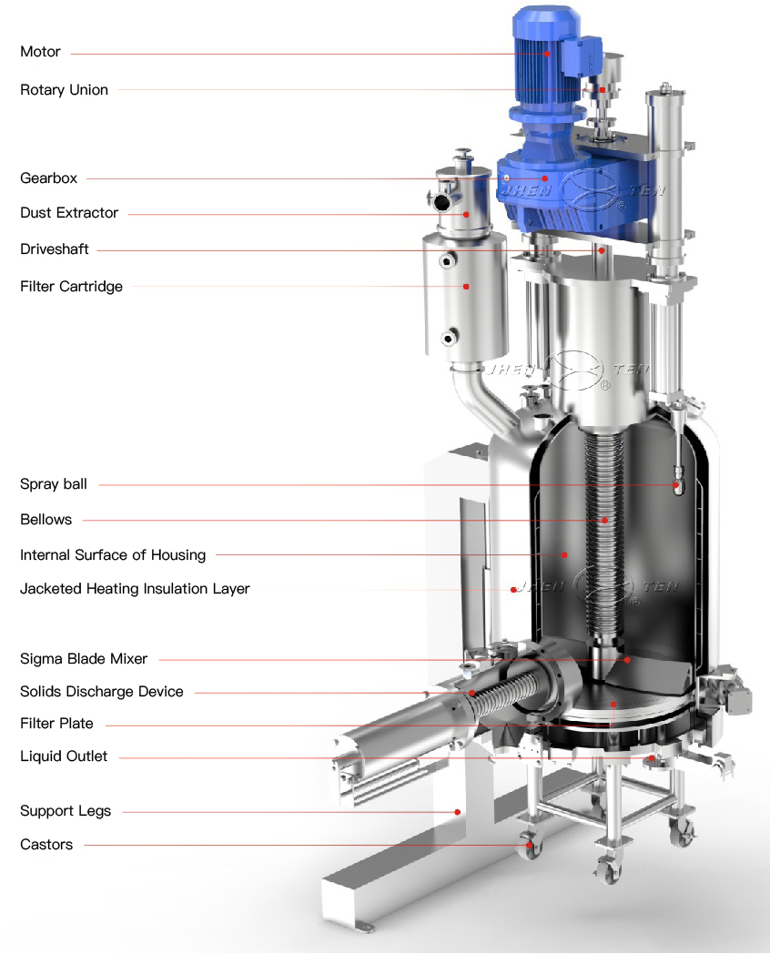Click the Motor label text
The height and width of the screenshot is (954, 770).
coord(40,52)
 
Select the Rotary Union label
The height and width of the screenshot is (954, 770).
coord(64,90)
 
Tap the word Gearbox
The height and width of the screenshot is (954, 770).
coord(48,178)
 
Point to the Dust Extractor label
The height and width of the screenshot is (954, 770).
coord(69,213)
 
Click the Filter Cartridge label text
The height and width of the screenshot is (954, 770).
coord(71,287)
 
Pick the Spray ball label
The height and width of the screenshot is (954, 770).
coord(54,484)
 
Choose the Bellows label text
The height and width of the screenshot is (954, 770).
coord(46,520)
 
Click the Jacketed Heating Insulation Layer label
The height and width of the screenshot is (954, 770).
coord(135,589)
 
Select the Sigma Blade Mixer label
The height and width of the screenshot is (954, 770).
coord(84,659)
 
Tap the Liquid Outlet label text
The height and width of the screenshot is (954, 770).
coord(64,756)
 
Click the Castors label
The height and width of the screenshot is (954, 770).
coord(46,845)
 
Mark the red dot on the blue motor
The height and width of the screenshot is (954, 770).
coord(547,54)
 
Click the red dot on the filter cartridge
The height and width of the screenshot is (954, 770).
coord(466,286)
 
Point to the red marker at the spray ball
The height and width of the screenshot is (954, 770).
coord(675,485)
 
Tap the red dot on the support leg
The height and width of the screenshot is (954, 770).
coord(458,811)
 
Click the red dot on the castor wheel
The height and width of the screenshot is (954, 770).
coord(530,846)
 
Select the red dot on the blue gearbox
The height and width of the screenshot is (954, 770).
coord(544,178)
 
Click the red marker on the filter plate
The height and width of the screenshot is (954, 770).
coord(613,704)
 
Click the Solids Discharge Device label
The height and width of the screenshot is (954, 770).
coord(102,692)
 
